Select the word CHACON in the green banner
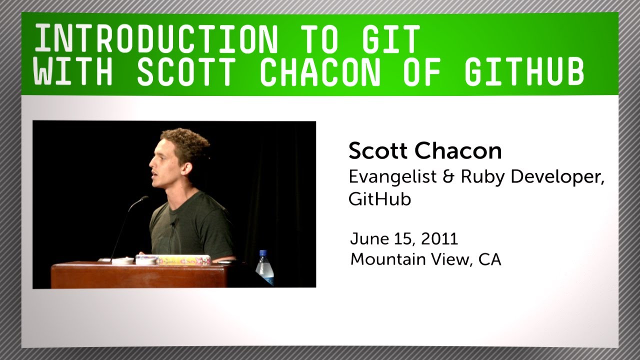pyautogui.click(x=320, y=71)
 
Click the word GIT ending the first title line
pyautogui.click(x=391, y=38)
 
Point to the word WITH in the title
pyautogui.click(x=73, y=71)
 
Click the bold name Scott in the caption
pyautogui.click(x=377, y=150)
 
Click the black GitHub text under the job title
pyautogui.click(x=379, y=199)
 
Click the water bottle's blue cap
pyautogui.click(x=263, y=253)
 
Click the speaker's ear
pyautogui.click(x=187, y=168)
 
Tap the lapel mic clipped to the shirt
pyautogui.click(x=173, y=224)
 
